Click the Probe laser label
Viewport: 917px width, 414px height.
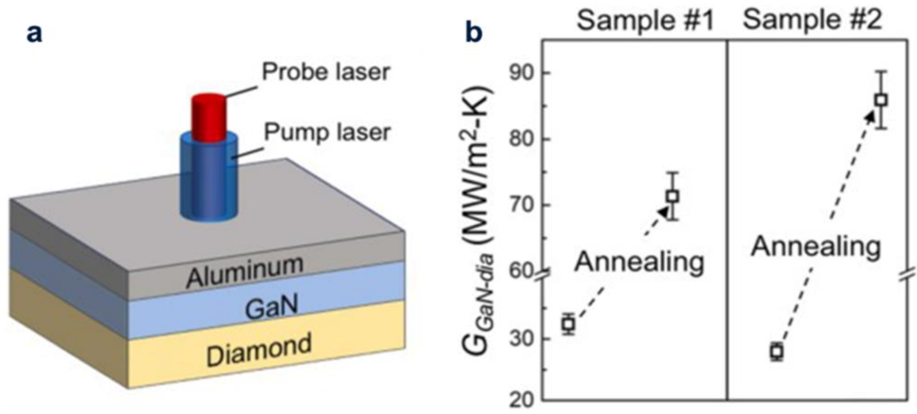pyautogui.click(x=325, y=72)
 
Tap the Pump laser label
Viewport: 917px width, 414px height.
pyautogui.click(x=327, y=132)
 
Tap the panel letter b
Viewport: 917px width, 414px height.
pyautogui.click(x=474, y=33)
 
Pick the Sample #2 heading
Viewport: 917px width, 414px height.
pyautogui.click(x=813, y=20)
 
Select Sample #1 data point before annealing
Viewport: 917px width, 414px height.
pyautogui.click(x=569, y=324)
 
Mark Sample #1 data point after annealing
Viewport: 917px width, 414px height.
pyautogui.click(x=673, y=196)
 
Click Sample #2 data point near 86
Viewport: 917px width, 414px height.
pyautogui.click(x=881, y=100)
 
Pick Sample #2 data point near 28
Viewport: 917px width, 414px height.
pyautogui.click(x=777, y=351)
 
